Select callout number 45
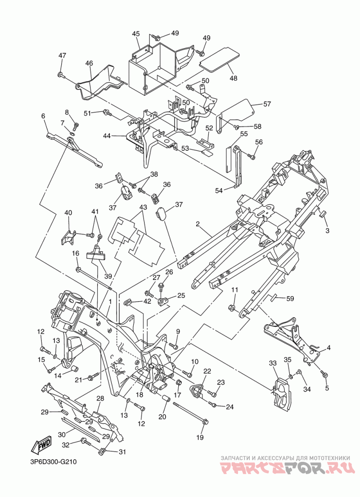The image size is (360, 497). click(x=136, y=34)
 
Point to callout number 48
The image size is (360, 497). click(x=233, y=78)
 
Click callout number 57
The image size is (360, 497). click(x=267, y=104)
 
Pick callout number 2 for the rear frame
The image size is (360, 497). click(x=198, y=224)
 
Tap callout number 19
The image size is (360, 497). click(x=200, y=438)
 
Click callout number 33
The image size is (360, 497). click(x=273, y=362)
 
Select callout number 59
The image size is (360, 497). click(x=290, y=298)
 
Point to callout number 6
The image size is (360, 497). click(x=43, y=116)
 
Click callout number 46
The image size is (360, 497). click(x=89, y=63)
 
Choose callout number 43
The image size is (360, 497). click(x=143, y=207)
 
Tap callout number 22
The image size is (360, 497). click(x=207, y=371)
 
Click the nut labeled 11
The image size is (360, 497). click(x=232, y=307)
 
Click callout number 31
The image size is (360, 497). click(x=122, y=452)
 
